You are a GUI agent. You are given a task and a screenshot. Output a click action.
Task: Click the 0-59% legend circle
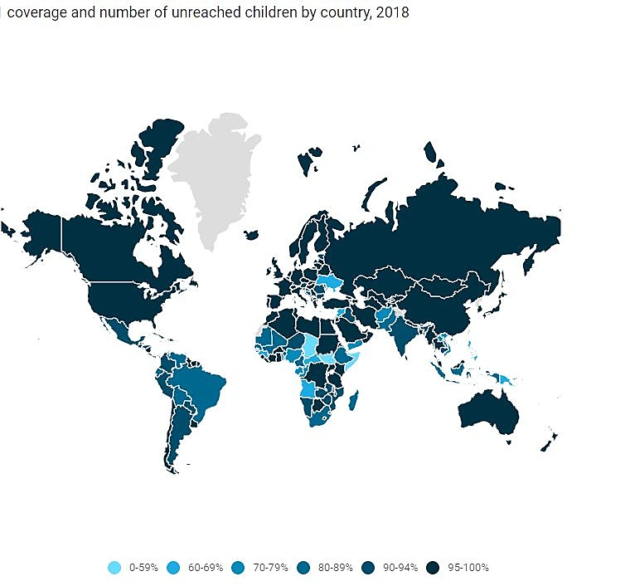[x=114, y=568]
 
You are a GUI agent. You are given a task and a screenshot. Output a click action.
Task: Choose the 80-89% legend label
[x=337, y=568]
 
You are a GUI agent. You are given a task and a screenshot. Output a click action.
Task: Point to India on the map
[x=404, y=335]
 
